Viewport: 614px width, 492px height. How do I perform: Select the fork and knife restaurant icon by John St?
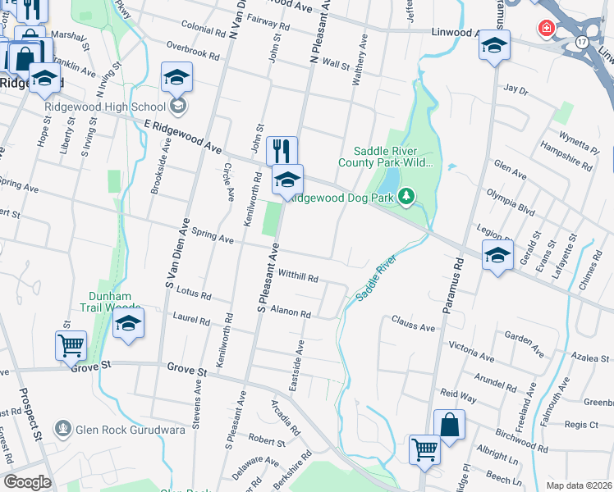282,151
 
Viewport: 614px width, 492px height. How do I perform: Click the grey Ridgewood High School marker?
178,106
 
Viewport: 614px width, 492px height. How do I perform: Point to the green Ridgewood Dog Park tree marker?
405,197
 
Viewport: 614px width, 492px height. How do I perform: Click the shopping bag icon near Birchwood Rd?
449,425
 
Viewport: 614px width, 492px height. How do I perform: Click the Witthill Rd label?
299,277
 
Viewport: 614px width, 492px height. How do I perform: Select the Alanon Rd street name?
291,312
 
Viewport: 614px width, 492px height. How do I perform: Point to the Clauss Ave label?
413,326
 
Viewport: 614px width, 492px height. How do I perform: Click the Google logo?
28,481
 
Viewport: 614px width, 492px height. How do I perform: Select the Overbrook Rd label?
192,52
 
